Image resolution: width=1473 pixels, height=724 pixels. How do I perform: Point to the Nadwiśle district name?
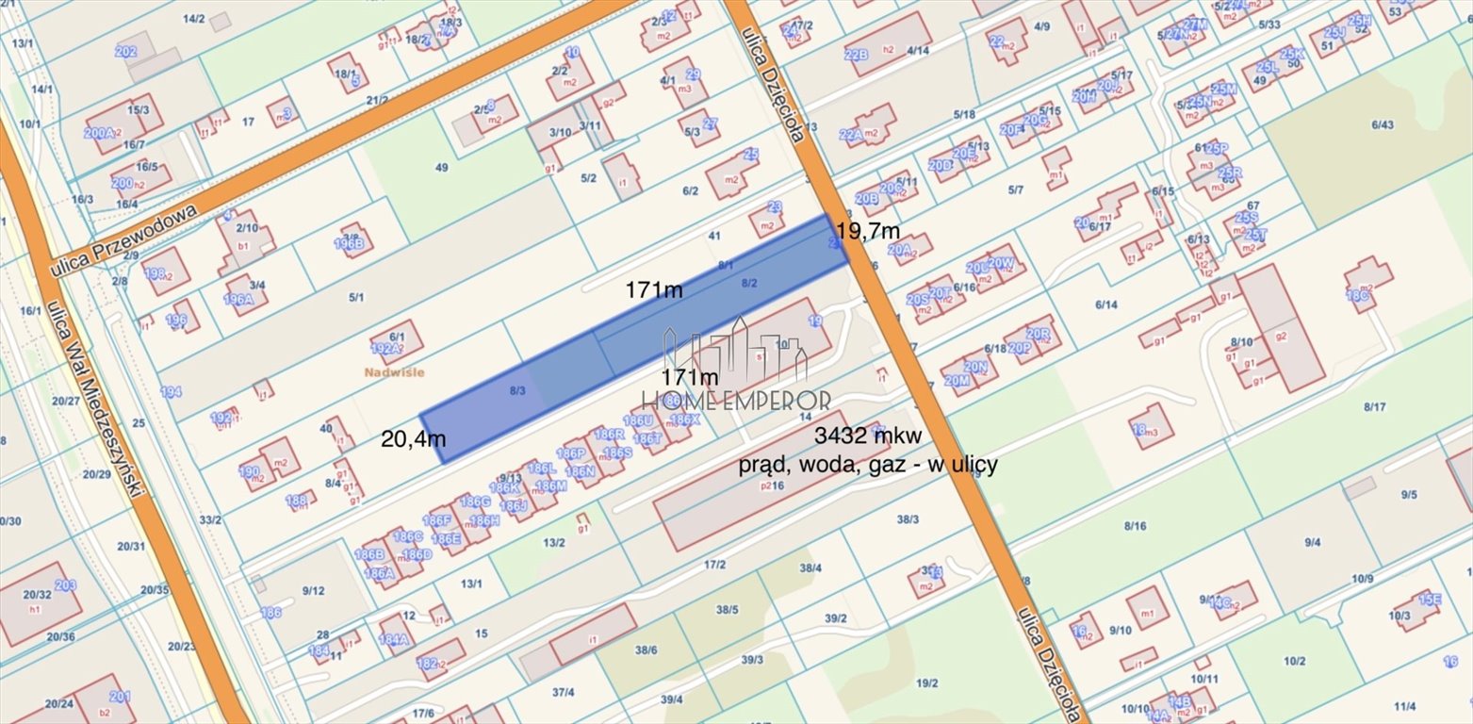tap(394, 372)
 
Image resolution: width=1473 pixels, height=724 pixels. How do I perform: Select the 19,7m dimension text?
tap(867, 230)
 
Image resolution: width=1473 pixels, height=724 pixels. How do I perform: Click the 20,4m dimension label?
tap(413, 438)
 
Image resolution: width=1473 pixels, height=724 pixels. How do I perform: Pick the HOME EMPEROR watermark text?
tap(736, 402)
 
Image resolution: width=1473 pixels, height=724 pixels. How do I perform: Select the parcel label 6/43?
tap(1383, 124)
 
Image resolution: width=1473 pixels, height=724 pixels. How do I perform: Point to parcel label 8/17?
tap(1374, 406)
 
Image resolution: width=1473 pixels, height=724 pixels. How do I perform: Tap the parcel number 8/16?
tap(1135, 525)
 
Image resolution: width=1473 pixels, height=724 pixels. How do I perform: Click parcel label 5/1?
tap(356, 298)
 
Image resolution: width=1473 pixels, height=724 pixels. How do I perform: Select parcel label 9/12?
tap(313, 591)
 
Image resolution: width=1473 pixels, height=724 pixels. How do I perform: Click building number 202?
tap(126, 51)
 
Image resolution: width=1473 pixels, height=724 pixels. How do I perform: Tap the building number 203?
tap(65, 585)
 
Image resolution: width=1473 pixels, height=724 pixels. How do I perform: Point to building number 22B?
tap(856, 55)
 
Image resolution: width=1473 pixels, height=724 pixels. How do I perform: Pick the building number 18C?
tap(1357, 295)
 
